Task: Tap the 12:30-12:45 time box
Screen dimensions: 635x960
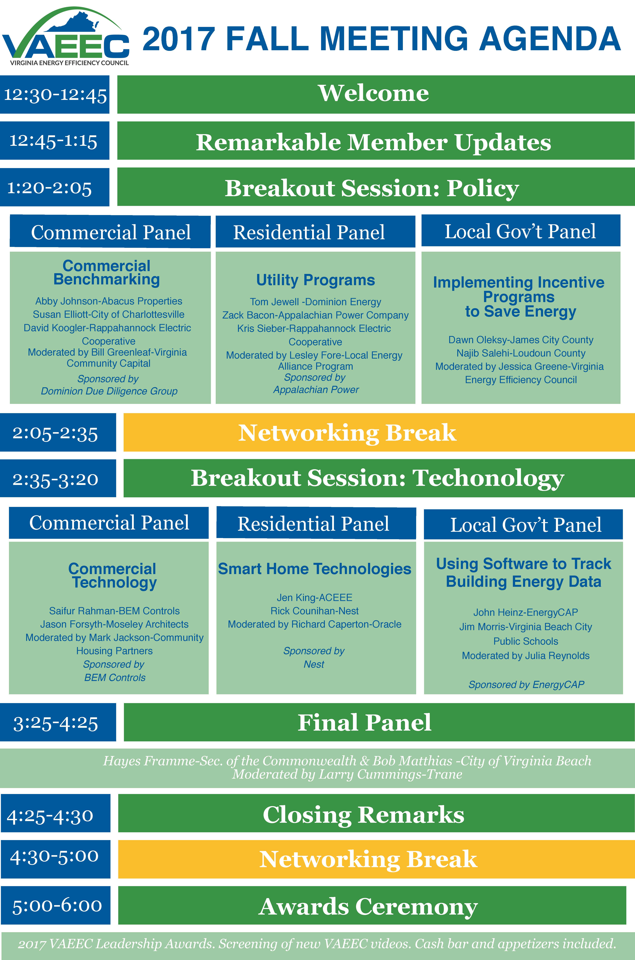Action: [x=55, y=94]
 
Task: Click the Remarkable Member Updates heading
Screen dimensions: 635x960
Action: [x=373, y=142]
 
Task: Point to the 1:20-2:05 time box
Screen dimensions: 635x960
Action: [x=55, y=187]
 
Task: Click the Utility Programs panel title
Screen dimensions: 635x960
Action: [x=315, y=280]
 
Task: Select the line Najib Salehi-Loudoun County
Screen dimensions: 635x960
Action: [x=521, y=353]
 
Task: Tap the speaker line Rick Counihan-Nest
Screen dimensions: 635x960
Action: [x=315, y=611]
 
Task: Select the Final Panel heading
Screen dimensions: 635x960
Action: [x=364, y=723]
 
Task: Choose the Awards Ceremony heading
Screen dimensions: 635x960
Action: [x=368, y=907]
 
